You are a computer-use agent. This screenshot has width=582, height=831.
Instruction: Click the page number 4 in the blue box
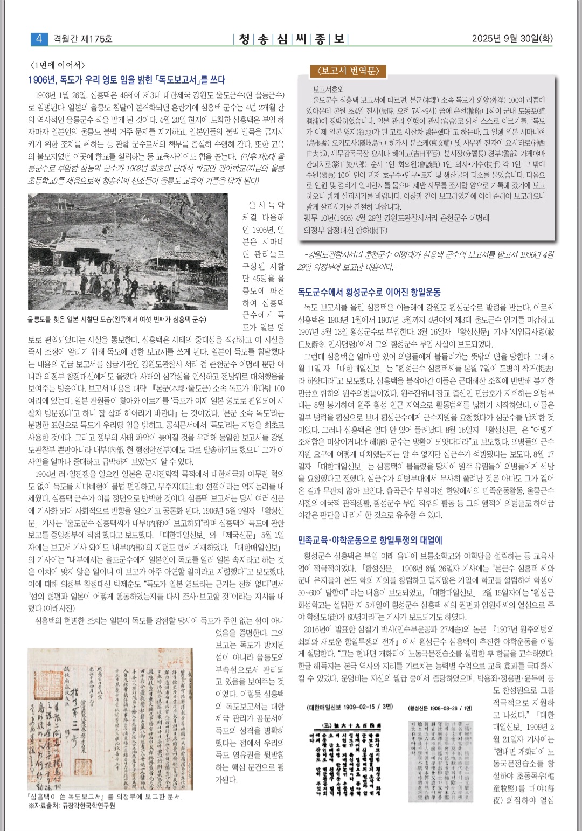coord(39,39)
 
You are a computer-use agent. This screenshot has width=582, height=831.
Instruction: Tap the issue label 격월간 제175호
coord(83,39)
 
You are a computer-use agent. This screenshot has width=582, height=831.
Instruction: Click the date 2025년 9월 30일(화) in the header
coord(512,39)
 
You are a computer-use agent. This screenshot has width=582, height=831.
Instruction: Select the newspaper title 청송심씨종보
coord(292,39)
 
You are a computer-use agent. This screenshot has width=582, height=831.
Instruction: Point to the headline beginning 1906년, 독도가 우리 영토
coord(127,80)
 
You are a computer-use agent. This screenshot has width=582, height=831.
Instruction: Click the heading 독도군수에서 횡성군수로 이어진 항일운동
coord(369,292)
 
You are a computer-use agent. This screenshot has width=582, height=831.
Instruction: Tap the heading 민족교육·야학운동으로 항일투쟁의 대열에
coord(370,539)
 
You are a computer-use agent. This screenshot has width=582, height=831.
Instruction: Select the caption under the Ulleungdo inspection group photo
coord(117,320)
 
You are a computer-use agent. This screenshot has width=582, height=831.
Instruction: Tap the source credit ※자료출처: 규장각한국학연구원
coord(72,806)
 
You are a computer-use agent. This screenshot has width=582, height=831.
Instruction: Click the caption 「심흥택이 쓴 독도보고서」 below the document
coord(105,797)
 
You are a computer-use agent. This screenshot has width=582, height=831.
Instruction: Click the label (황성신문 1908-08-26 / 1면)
coord(440,708)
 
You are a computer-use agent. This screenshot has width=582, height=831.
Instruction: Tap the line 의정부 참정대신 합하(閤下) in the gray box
coord(345,230)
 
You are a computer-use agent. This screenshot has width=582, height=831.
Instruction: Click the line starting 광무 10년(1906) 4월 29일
coord(397,218)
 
